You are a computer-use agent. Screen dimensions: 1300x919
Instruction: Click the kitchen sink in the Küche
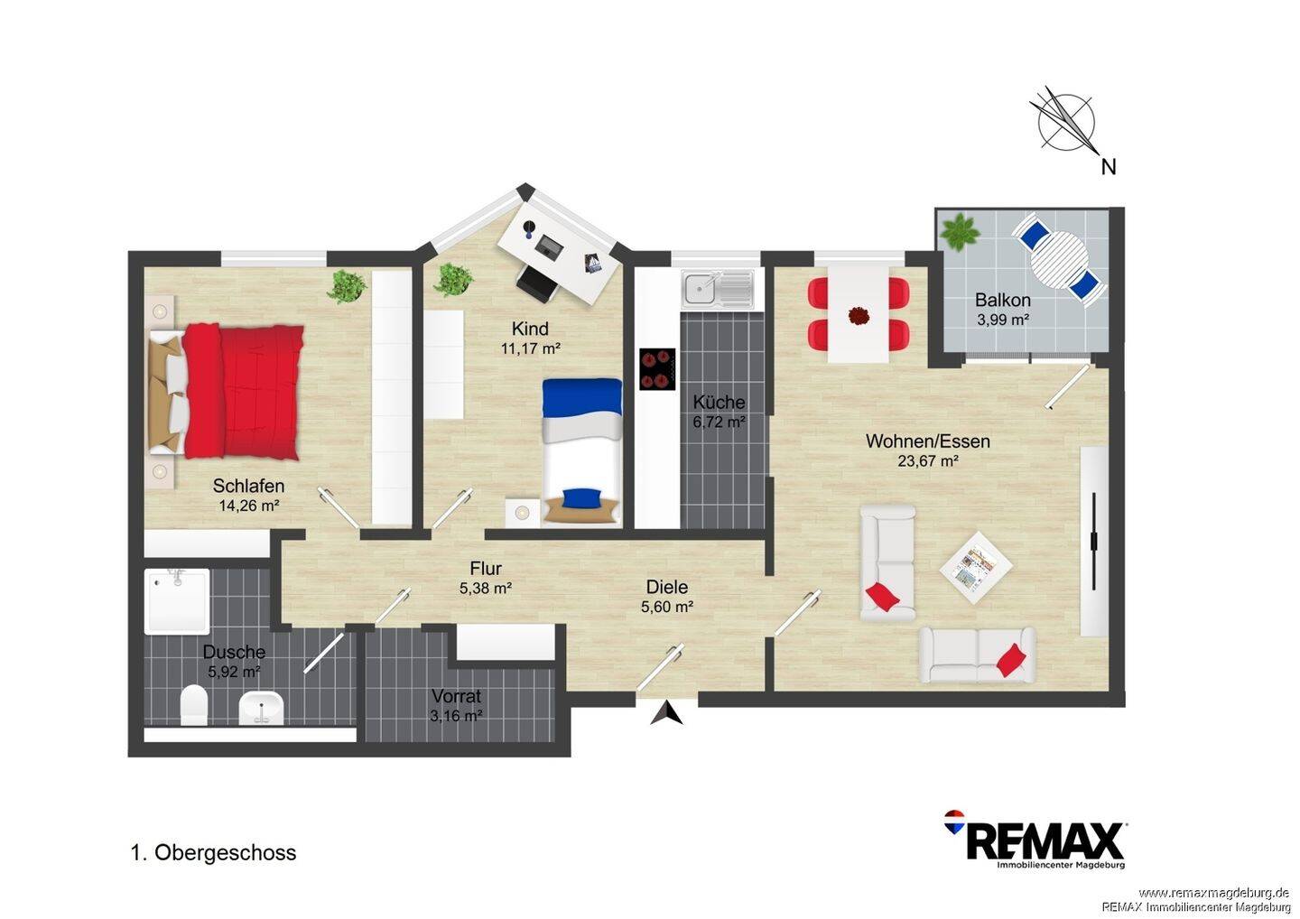click(718, 288)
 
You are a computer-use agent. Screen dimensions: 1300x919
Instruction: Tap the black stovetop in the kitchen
click(657, 369)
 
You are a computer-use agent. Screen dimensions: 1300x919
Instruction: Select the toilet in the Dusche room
click(194, 704)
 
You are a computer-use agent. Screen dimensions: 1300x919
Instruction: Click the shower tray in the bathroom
click(176, 601)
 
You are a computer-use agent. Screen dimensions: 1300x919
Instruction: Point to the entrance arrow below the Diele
click(667, 713)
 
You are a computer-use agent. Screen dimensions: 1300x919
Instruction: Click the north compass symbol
click(1065, 124)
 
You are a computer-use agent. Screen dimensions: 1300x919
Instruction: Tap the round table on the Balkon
click(1059, 259)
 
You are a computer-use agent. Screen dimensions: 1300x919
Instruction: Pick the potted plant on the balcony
click(960, 231)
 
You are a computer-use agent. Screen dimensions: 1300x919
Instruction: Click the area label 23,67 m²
click(927, 461)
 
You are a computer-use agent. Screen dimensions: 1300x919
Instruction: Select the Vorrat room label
click(456, 696)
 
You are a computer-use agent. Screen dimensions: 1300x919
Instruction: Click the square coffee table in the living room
click(976, 568)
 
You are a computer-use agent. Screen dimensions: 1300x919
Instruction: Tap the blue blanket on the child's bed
click(582, 397)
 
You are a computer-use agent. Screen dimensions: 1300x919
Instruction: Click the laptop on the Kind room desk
click(549, 246)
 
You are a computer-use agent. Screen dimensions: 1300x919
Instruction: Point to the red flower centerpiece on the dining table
click(859, 316)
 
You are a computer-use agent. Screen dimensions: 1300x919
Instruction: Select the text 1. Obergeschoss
click(214, 853)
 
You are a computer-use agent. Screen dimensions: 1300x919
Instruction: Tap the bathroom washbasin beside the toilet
click(261, 708)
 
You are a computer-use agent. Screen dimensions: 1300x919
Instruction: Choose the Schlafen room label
click(248, 486)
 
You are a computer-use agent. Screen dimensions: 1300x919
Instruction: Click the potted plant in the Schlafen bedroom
click(347, 286)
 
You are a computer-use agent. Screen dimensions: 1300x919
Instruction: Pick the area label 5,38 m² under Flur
click(486, 589)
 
